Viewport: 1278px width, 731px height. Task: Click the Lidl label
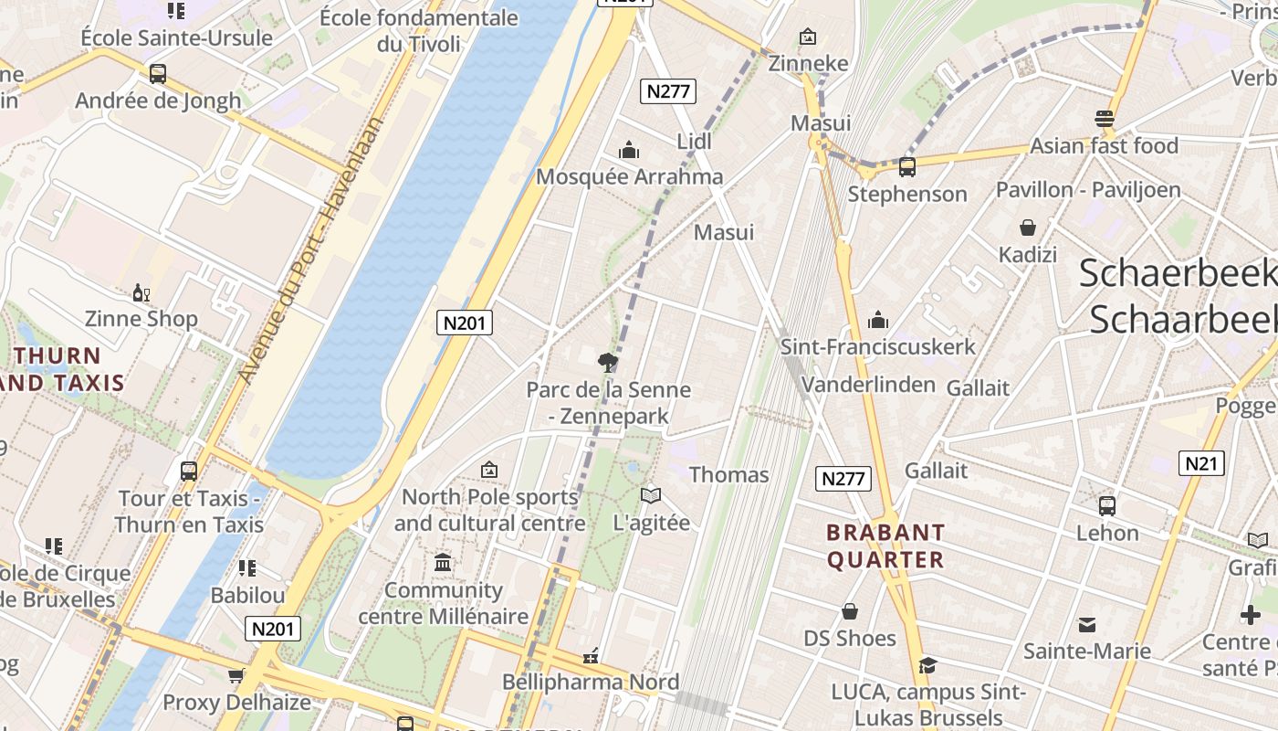(694, 142)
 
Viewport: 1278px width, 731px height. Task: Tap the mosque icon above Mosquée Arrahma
(628, 150)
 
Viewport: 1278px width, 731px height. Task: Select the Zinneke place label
(808, 63)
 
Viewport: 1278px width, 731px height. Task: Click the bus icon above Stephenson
(906, 167)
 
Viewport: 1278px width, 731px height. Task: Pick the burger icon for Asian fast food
(1105, 119)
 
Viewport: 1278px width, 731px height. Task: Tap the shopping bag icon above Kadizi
(1028, 228)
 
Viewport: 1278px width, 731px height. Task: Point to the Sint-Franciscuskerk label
(877, 347)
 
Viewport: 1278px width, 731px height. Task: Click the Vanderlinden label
(868, 385)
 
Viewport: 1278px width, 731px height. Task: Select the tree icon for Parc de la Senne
(607, 363)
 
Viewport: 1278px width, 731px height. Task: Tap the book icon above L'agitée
(650, 495)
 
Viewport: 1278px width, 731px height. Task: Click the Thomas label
(728, 475)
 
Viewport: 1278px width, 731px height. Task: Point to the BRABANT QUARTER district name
(885, 546)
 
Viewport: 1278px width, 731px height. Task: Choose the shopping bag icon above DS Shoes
(850, 610)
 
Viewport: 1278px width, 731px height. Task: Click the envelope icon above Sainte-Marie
(1086, 625)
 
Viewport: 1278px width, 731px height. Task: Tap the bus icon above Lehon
(1107, 505)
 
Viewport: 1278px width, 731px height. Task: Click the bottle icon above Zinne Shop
(141, 292)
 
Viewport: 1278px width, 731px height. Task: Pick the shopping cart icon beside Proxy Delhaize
(236, 676)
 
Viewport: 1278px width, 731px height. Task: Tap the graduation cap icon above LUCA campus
(927, 665)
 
